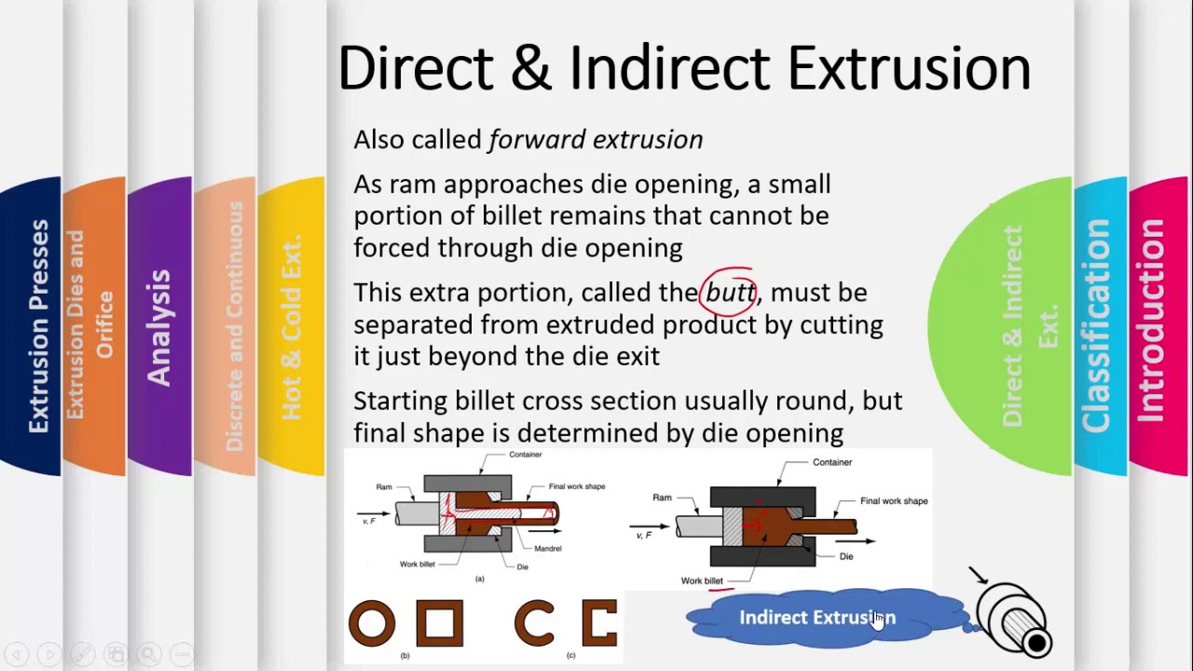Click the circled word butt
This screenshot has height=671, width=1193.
[730, 293]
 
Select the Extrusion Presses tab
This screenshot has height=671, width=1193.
[38, 326]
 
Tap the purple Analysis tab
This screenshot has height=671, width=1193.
[159, 326]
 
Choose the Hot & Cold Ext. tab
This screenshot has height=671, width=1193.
[291, 326]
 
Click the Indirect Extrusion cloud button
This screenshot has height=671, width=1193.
[816, 617]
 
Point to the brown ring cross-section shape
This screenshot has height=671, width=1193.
[372, 623]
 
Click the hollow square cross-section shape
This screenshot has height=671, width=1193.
[439, 623]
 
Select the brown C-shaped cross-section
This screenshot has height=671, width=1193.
[535, 623]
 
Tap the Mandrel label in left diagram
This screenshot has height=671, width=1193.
[547, 549]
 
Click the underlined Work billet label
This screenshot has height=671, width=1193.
[702, 581]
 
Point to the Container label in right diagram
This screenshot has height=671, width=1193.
[831, 462]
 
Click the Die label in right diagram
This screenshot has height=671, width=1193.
[845, 556]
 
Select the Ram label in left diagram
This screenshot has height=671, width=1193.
[384, 486]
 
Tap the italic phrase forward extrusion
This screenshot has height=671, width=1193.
[596, 140]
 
